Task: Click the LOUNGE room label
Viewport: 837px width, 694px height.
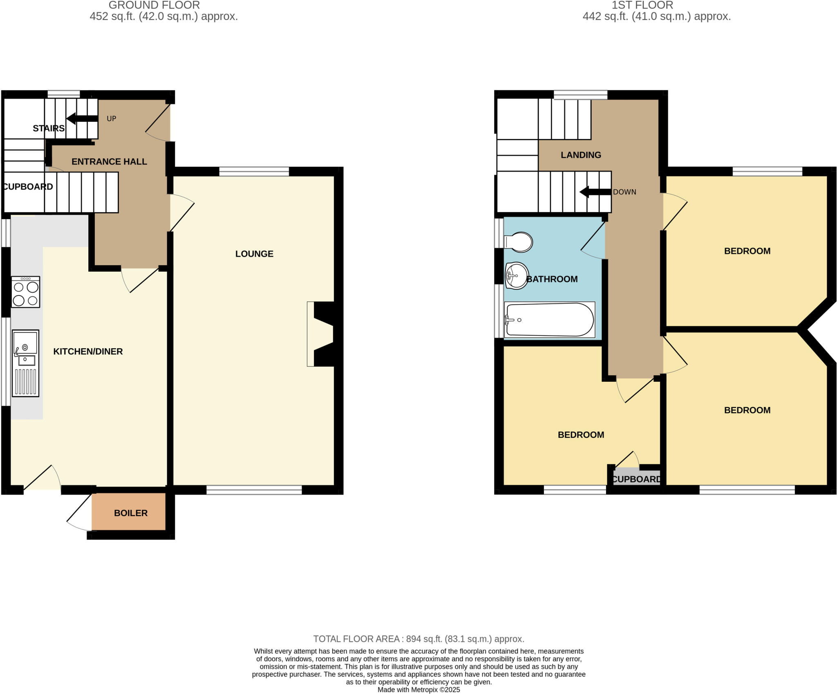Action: point(254,254)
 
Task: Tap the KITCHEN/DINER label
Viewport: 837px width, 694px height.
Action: point(88,351)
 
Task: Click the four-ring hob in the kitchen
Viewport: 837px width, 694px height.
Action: point(25,292)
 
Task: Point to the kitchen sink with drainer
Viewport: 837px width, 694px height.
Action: point(25,363)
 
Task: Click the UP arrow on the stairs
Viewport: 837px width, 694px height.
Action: point(82,119)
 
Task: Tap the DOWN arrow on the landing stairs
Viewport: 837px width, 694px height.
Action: point(595,192)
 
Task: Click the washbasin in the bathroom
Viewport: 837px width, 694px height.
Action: point(516,275)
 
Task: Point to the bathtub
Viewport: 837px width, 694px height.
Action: point(549,320)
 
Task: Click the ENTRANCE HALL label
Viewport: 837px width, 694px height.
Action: point(109,161)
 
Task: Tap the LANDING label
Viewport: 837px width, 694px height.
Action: point(581,155)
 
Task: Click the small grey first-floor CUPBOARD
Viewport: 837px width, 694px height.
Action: point(636,478)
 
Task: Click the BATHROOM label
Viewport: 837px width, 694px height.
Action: point(552,279)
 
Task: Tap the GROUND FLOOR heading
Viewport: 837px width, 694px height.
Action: point(154,5)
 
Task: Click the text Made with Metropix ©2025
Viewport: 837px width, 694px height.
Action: point(418,690)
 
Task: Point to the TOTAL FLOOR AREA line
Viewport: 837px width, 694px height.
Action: point(418,638)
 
